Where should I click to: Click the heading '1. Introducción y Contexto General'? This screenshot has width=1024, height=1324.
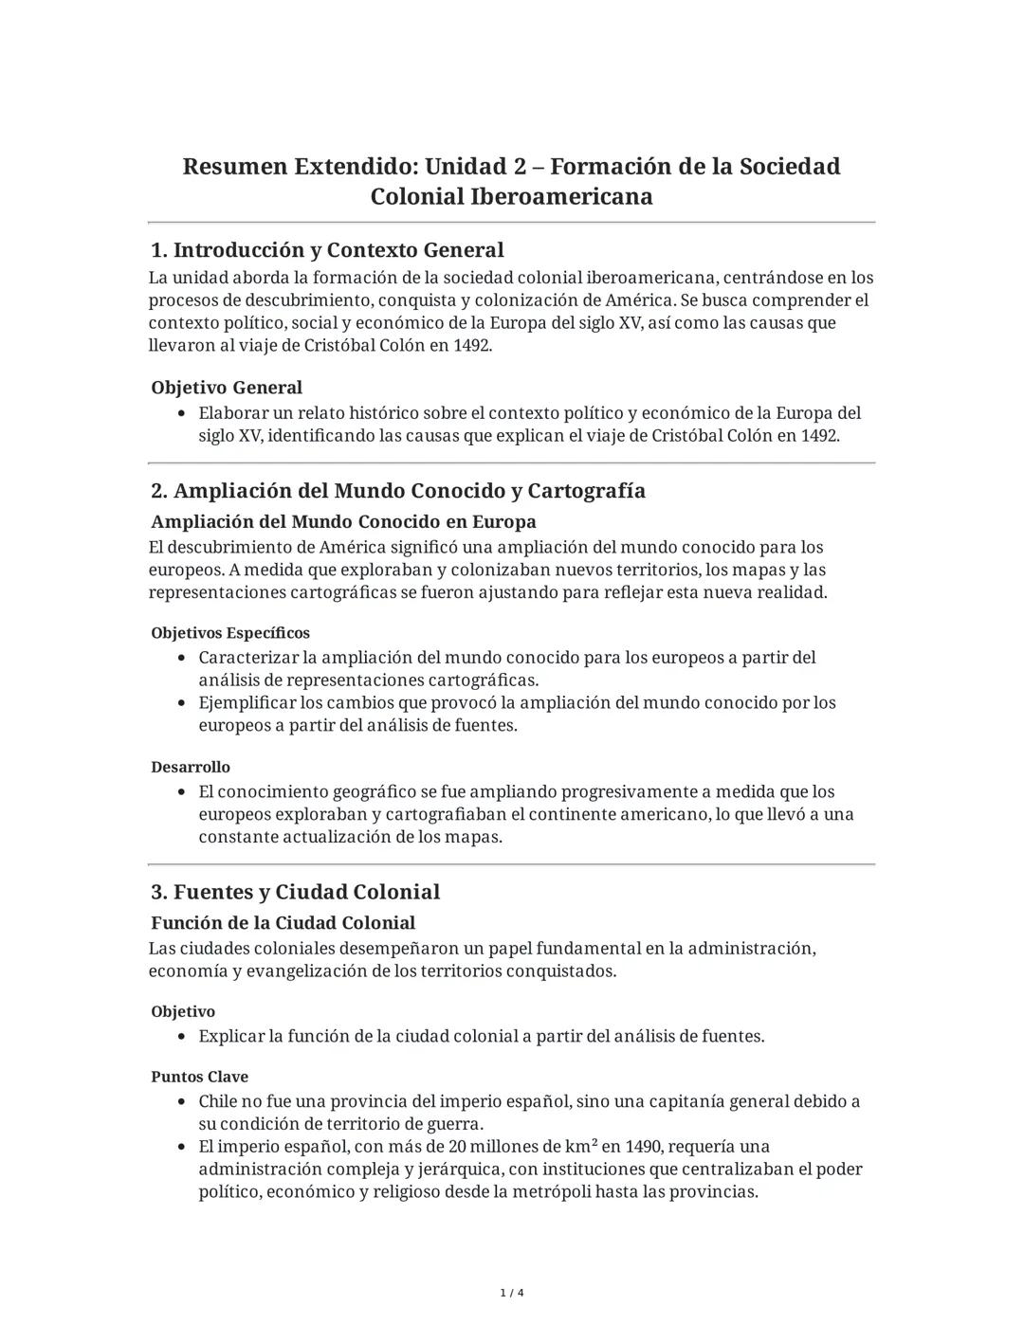[327, 250]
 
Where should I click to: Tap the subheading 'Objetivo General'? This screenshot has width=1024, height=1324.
[227, 388]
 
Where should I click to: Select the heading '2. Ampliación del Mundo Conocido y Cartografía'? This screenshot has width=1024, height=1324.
[398, 491]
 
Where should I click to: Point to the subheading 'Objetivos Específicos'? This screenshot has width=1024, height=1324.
[230, 633]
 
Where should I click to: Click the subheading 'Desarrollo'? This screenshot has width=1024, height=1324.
[191, 767]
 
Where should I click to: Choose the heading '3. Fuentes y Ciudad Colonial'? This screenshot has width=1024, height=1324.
[296, 892]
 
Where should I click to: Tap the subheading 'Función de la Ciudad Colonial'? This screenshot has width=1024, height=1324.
[283, 923]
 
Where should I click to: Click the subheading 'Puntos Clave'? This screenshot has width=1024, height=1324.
[199, 1077]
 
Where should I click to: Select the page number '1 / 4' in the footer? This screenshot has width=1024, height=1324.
[512, 1293]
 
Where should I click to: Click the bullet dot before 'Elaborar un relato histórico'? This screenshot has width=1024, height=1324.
[182, 414]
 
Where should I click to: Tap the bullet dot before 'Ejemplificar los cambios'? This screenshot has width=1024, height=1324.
[182, 703]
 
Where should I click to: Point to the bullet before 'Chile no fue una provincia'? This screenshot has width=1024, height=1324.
[182, 1102]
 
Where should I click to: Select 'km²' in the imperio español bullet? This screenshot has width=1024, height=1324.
[578, 1147]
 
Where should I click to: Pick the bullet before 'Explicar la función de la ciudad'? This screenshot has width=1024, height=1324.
[182, 1037]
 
